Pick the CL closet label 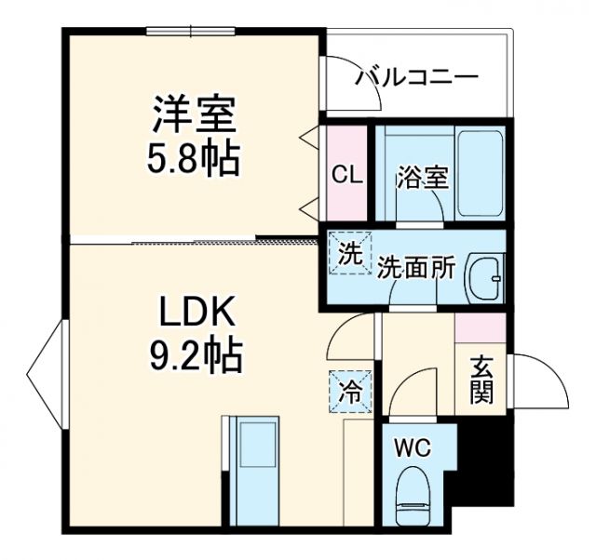pyautogui.click(x=347, y=174)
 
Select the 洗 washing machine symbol pyautogui.click(x=349, y=254)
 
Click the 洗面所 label pyautogui.click(x=416, y=267)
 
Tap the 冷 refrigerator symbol pyautogui.click(x=349, y=392)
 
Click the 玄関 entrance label pyautogui.click(x=481, y=380)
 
